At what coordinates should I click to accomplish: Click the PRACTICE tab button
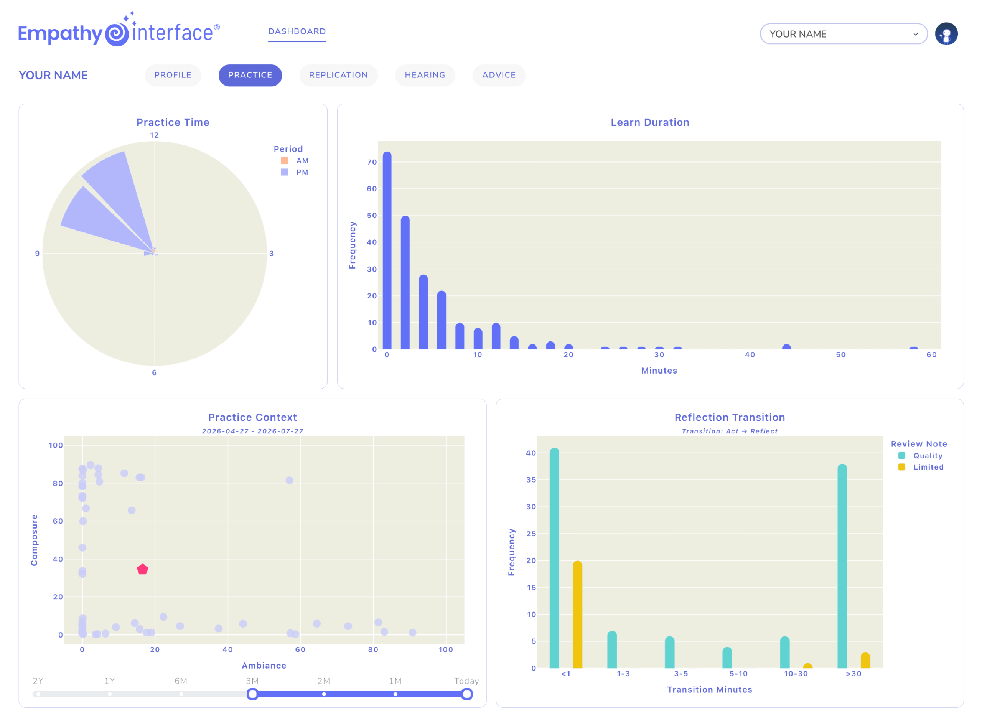(250, 75)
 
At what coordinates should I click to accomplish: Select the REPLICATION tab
(338, 75)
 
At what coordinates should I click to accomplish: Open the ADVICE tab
(499, 75)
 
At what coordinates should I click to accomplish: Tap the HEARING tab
(425, 75)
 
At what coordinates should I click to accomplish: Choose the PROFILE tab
(173, 75)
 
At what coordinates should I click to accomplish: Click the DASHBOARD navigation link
(297, 31)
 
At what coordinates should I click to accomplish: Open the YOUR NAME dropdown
(844, 34)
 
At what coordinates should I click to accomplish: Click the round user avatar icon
(946, 34)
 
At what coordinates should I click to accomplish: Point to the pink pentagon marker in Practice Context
(143, 569)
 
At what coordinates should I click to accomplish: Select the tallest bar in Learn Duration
(387, 250)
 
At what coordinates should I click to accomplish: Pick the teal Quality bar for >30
(842, 566)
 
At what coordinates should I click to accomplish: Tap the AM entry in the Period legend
(295, 160)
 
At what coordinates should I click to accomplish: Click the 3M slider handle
(252, 694)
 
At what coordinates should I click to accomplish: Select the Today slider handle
(467, 694)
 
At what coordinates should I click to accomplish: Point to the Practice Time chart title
(173, 122)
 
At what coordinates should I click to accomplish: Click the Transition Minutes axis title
(709, 689)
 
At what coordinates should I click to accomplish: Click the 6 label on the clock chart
(154, 372)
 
